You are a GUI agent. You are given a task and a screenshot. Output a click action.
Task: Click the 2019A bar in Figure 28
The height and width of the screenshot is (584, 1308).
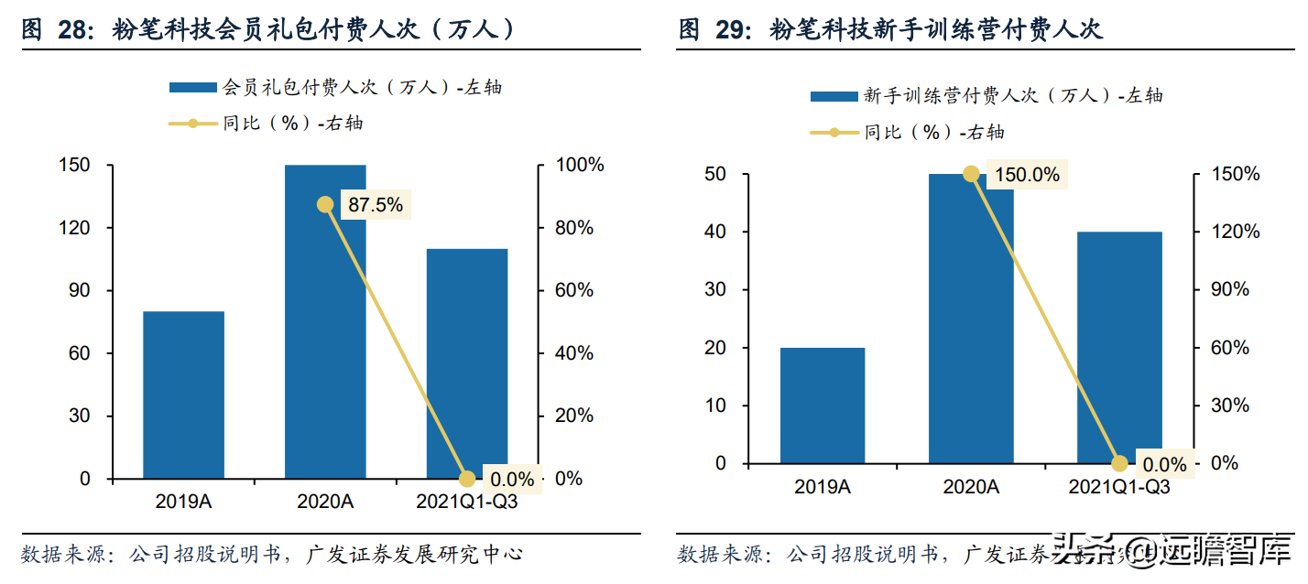pos(183,395)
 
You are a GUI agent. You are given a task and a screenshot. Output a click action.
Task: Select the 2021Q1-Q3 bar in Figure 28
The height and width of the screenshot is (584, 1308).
pos(467,363)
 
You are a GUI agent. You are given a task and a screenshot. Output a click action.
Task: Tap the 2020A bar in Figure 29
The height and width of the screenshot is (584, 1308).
pos(971,319)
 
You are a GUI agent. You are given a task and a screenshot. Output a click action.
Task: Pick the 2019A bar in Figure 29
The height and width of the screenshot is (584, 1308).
pos(823,406)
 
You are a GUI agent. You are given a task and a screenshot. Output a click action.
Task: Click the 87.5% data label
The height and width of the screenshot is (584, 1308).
pos(375,205)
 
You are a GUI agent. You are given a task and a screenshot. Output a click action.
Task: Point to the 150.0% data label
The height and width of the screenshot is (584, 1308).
pos(1026,175)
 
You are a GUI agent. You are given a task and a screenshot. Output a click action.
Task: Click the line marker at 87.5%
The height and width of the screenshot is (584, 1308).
pos(325,204)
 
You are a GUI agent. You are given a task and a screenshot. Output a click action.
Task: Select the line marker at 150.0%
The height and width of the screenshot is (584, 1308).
pos(971,174)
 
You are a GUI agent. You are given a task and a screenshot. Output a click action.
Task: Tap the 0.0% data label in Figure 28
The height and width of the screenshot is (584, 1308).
pos(511,479)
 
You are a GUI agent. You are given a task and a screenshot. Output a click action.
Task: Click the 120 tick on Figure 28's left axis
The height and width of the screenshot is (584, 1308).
pos(74,228)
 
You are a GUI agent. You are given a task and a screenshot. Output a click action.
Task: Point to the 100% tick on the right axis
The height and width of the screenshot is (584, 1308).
pos(581,166)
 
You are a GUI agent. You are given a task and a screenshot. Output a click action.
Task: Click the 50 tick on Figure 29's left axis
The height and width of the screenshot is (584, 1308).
pos(715,174)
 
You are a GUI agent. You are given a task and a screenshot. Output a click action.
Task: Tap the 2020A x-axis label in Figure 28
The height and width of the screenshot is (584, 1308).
pos(325,502)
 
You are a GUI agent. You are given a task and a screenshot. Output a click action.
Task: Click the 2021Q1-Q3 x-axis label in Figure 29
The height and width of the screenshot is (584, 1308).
pos(1119,487)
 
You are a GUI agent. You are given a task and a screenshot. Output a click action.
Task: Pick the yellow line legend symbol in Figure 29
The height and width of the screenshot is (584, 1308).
pos(834,133)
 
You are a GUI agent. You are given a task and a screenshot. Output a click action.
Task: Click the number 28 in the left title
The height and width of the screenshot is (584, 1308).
pos(75,30)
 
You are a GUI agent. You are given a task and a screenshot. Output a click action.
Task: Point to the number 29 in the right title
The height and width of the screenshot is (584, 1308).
pos(732,30)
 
